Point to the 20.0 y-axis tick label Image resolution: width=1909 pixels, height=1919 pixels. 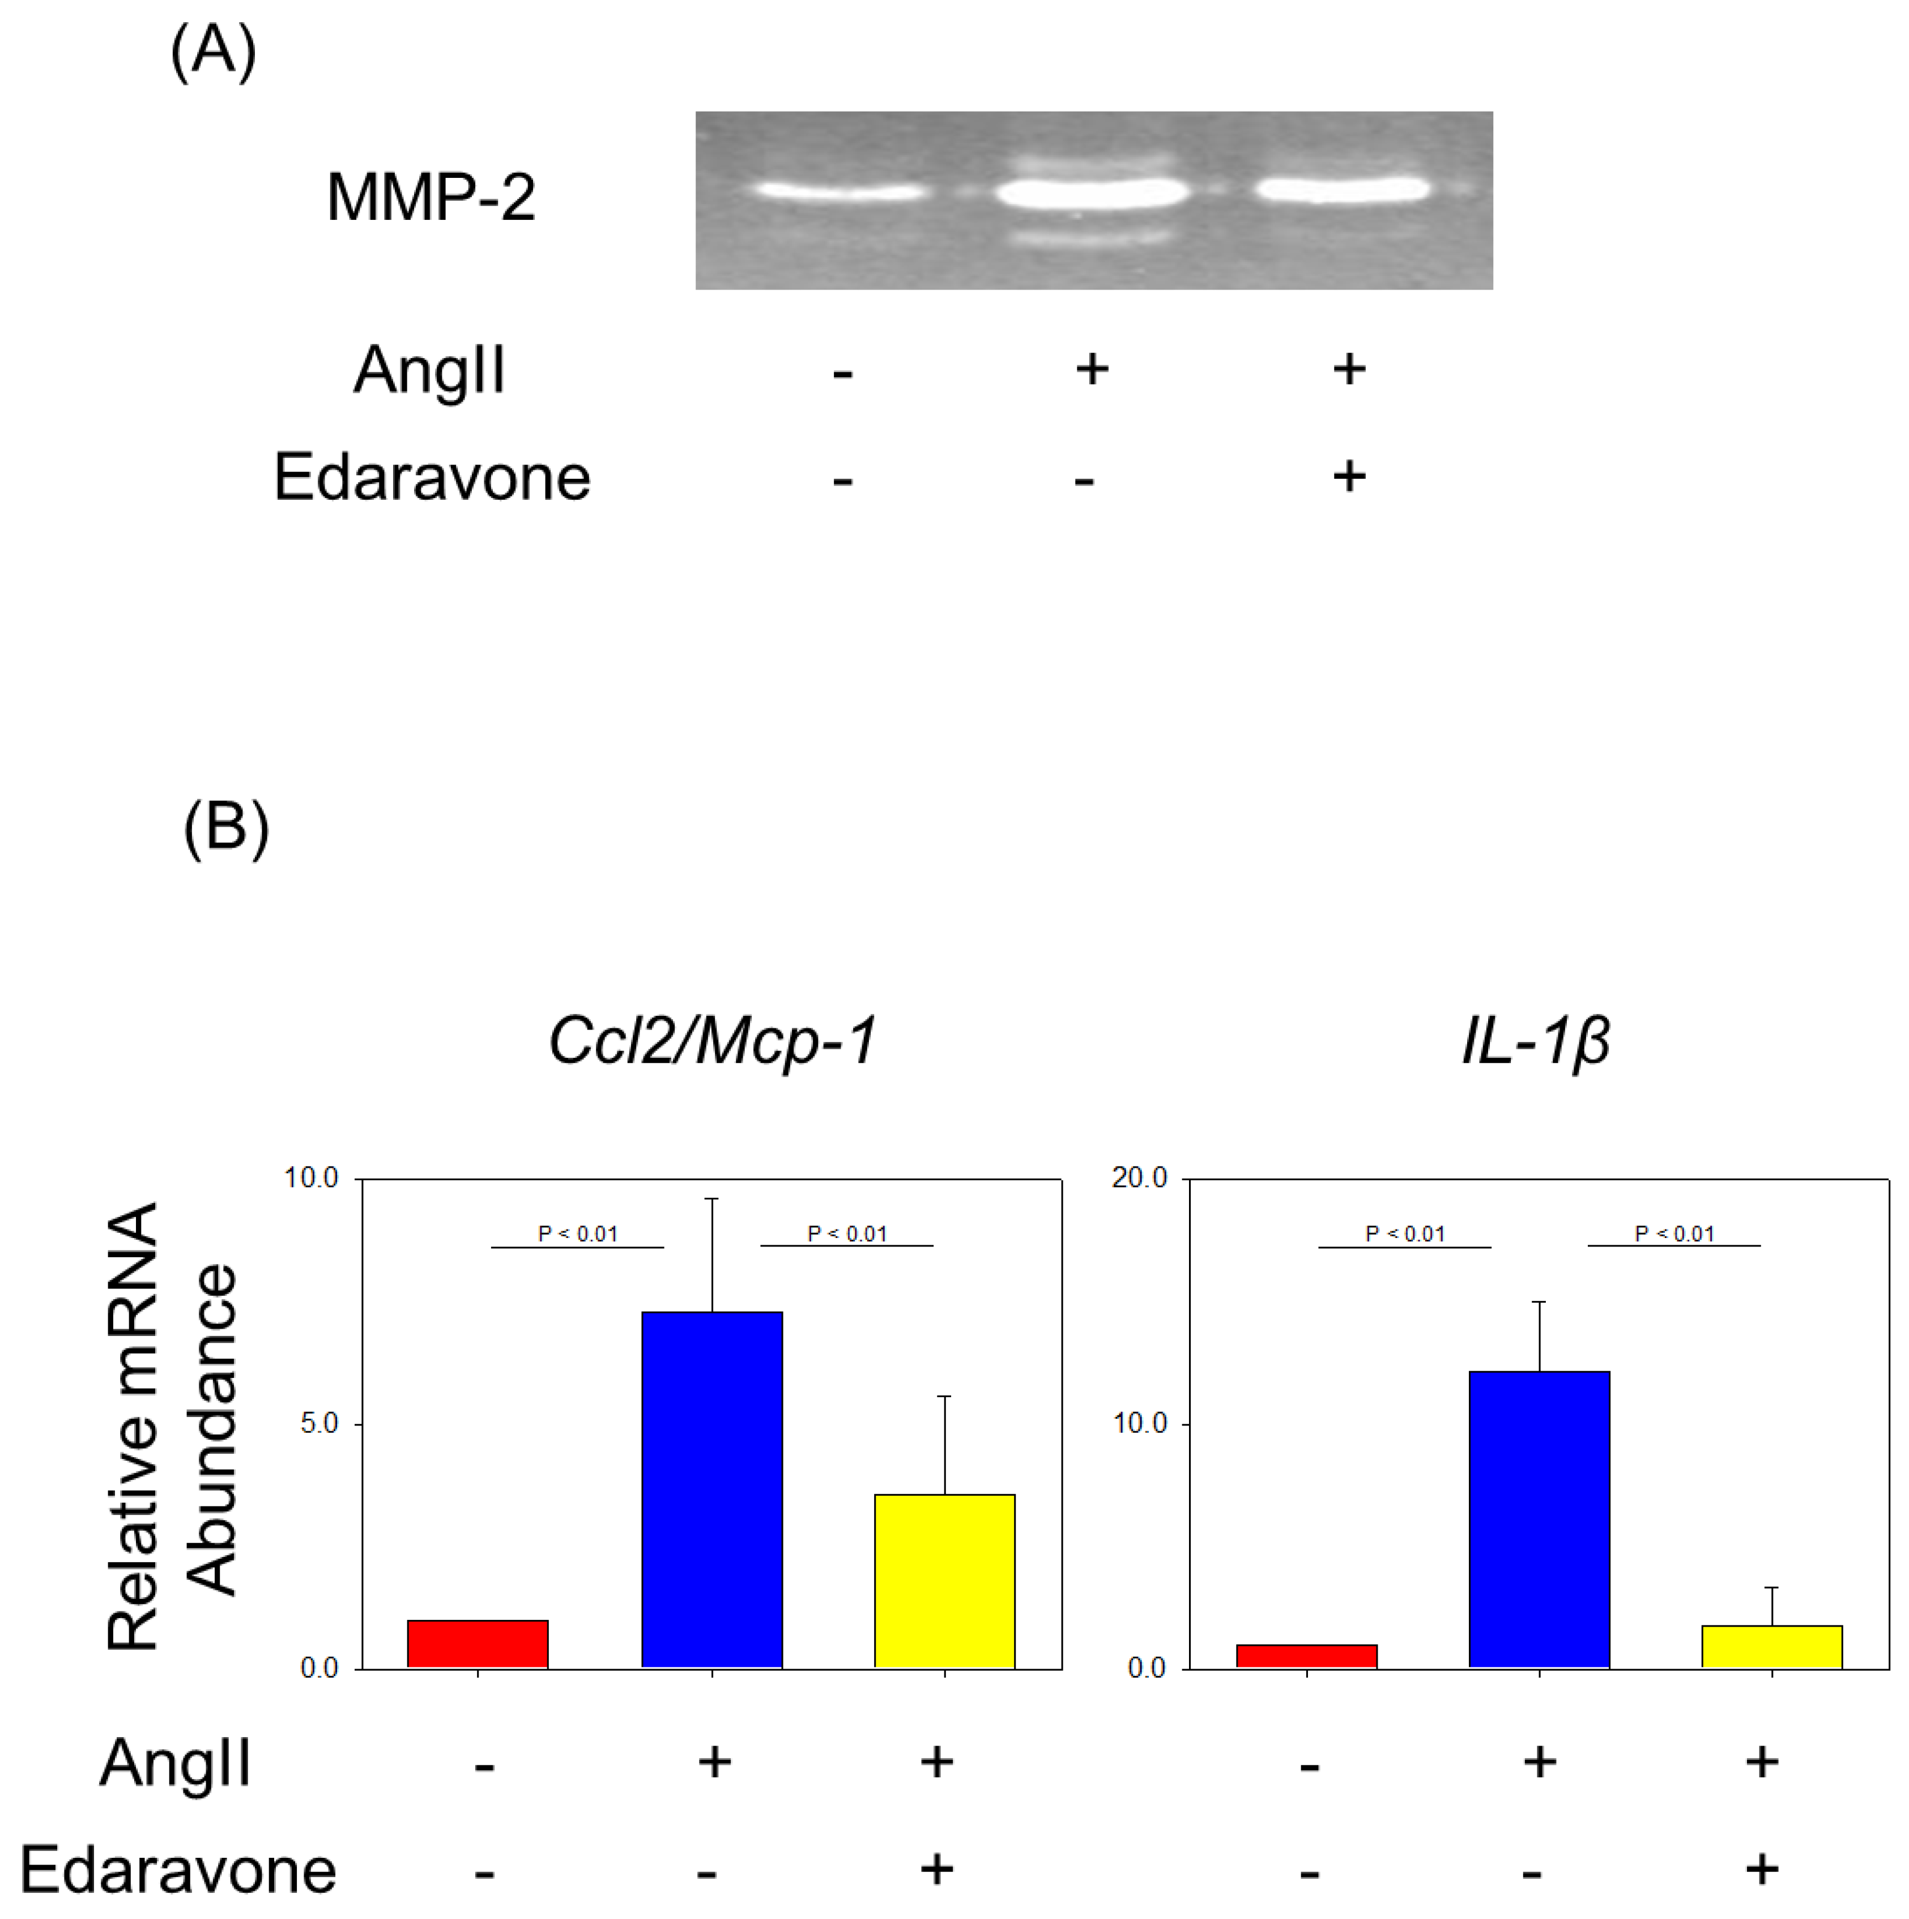[1139, 1178]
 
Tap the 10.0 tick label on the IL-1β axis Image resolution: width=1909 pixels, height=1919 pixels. [1139, 1423]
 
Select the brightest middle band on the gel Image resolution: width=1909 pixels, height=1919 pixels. [1093, 191]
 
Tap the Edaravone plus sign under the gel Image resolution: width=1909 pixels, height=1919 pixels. [1349, 476]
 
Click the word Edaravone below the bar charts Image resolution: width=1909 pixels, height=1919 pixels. [179, 1870]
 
